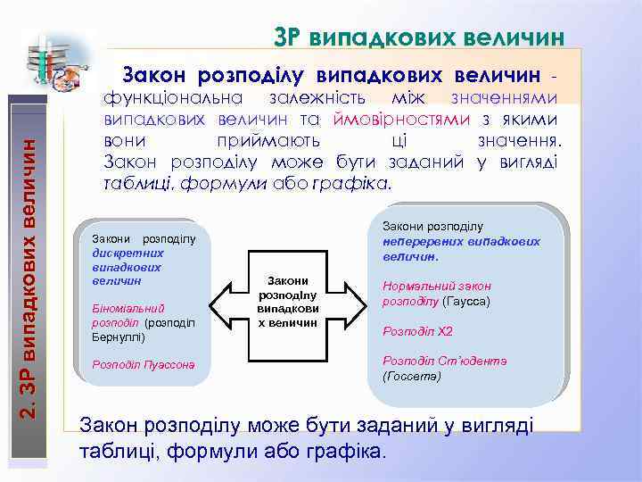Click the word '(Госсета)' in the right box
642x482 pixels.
[x=411, y=376]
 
